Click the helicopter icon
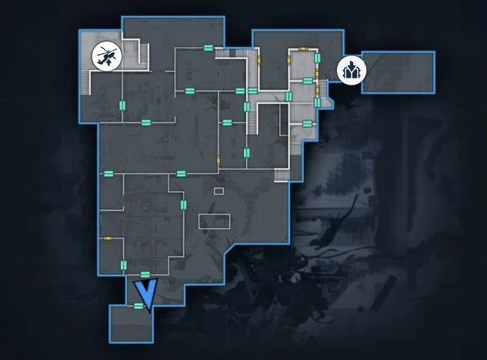tap(105, 56)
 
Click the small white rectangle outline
tap(218, 191)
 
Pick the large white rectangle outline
tap(215, 222)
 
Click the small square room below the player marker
tap(131, 323)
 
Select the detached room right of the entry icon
tap(398, 72)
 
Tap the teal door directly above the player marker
tap(145, 275)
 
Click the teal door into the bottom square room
tap(139, 307)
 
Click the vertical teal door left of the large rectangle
tap(183, 204)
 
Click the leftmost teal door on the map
tap(108, 174)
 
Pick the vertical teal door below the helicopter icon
tap(122, 105)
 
